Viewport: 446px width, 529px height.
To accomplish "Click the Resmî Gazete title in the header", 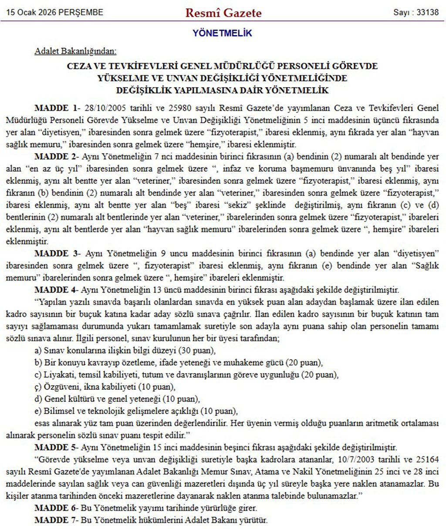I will tap(223, 13).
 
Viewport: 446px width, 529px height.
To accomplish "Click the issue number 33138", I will tap(428, 12).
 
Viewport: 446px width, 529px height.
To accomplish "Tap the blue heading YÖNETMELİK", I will tap(222, 33).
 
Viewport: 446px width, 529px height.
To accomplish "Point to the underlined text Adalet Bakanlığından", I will tap(75, 51).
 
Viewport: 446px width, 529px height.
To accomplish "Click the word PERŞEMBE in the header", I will tap(83, 12).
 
